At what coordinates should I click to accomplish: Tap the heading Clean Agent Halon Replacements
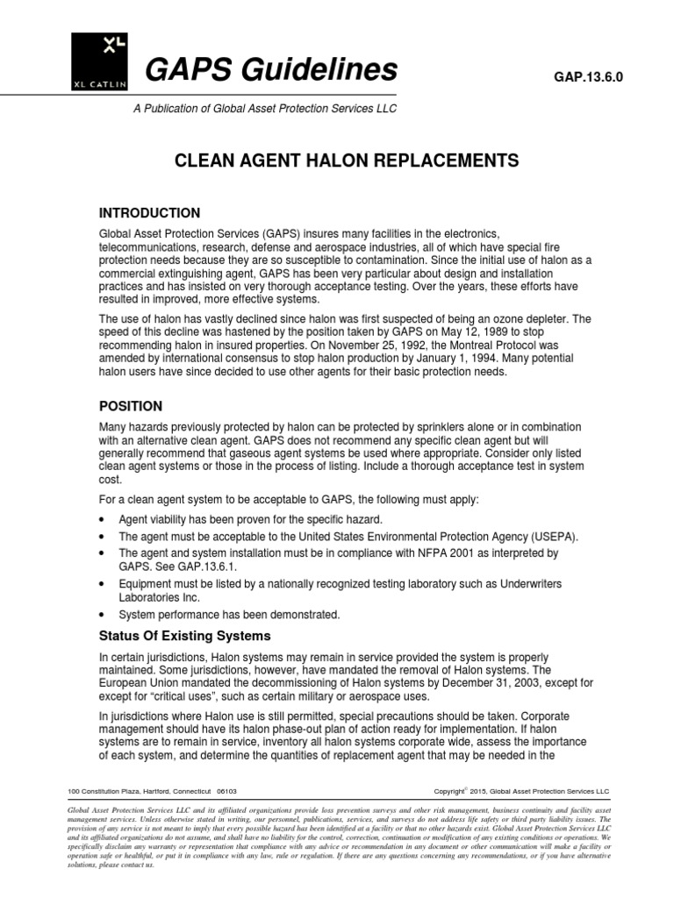click(336, 160)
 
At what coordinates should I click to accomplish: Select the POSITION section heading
click(130, 406)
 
